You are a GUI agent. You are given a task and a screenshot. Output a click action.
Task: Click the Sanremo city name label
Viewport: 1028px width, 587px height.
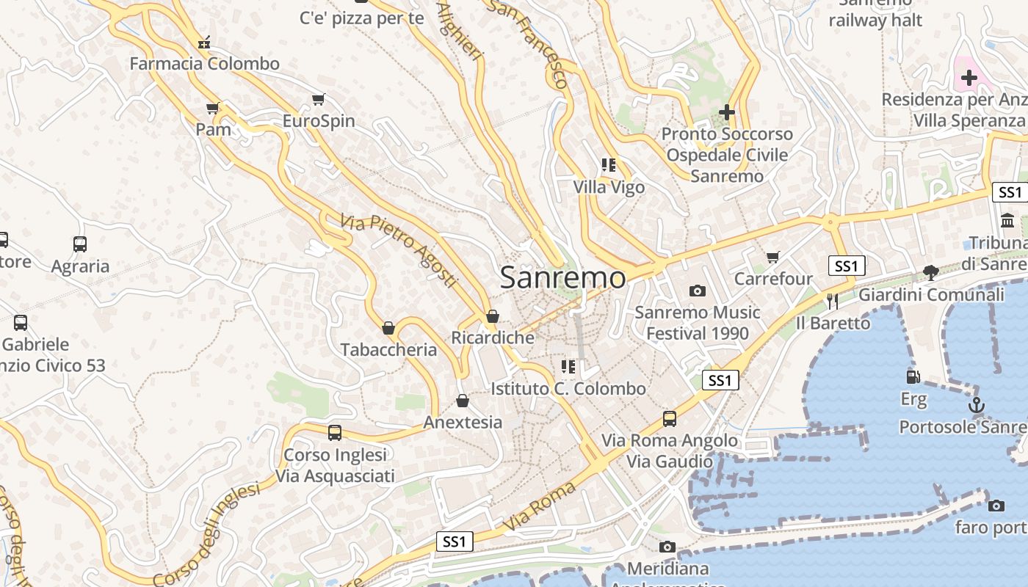point(563,278)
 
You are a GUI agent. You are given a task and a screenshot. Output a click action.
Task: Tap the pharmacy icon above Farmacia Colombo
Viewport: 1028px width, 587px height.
point(204,43)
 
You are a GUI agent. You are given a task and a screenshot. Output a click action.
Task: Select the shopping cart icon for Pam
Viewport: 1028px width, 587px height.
point(213,109)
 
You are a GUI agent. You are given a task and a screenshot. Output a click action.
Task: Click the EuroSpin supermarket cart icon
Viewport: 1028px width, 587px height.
point(319,99)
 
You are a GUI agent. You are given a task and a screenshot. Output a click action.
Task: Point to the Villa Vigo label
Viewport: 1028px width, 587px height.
point(609,187)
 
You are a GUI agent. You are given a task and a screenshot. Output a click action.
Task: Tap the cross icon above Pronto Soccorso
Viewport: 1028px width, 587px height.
point(727,112)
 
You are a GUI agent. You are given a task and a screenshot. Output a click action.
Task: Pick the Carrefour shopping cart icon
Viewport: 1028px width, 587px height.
point(772,257)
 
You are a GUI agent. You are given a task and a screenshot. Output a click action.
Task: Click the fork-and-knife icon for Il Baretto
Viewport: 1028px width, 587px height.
point(833,302)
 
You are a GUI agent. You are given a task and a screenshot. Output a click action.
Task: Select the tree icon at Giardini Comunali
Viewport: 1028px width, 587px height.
point(930,273)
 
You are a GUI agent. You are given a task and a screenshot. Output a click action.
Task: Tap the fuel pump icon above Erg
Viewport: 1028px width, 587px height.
point(913,377)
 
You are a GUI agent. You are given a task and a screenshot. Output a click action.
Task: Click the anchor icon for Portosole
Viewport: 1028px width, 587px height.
point(977,404)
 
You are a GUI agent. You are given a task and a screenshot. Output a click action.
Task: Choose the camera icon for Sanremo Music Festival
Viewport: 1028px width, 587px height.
point(698,291)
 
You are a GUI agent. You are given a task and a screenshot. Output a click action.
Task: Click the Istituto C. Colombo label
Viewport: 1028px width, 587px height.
point(568,388)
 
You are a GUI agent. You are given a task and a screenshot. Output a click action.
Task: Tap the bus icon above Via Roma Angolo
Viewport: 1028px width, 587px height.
point(670,418)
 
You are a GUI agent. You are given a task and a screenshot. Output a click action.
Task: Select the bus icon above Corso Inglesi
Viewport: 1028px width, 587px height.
point(335,433)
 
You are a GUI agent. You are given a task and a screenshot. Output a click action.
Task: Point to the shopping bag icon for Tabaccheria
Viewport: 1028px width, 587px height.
point(388,328)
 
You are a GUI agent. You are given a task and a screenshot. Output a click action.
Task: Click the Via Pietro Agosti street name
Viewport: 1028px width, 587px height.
point(399,250)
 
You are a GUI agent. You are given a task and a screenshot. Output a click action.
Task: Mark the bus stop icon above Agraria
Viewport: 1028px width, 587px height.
point(80,244)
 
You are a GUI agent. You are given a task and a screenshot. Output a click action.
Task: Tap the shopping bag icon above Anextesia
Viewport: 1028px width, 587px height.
point(463,401)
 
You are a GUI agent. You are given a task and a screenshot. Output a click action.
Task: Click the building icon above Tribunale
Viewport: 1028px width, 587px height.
point(1007,220)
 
